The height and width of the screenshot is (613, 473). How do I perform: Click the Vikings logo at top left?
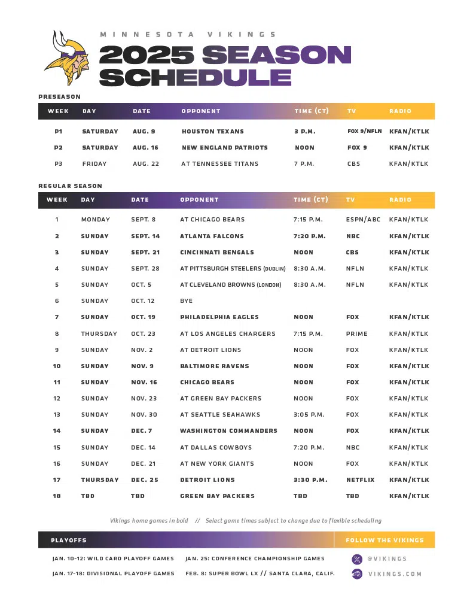pyautogui.click(x=67, y=58)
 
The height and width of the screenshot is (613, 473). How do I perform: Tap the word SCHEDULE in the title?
pyautogui.click(x=195, y=77)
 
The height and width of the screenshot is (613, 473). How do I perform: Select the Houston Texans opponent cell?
pyautogui.click(x=213, y=131)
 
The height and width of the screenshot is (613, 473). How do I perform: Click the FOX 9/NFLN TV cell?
pyautogui.click(x=364, y=131)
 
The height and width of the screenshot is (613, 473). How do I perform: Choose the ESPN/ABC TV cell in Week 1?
pyautogui.click(x=362, y=220)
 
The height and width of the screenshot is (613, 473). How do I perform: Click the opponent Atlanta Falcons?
pyautogui.click(x=212, y=236)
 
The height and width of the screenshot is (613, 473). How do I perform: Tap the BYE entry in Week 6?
pyautogui.click(x=187, y=301)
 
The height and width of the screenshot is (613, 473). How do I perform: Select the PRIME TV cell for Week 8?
pyautogui.click(x=356, y=333)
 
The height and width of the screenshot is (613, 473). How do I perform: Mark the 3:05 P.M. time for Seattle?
pyautogui.click(x=309, y=414)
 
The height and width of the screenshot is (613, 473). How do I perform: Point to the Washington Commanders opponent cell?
pyautogui.click(x=228, y=430)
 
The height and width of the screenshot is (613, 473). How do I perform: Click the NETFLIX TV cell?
pyautogui.click(x=360, y=480)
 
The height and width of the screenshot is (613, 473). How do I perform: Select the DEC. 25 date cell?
pyautogui.click(x=144, y=480)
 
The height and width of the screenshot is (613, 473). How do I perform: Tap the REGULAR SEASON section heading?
pyautogui.click(x=70, y=186)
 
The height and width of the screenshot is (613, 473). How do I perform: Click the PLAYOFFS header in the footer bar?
pyautogui.click(x=69, y=540)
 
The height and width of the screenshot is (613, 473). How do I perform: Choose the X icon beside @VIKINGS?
pyautogui.click(x=357, y=559)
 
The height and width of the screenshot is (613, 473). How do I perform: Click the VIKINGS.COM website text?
pyautogui.click(x=395, y=574)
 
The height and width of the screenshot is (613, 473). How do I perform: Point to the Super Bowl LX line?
pyautogui.click(x=260, y=573)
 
